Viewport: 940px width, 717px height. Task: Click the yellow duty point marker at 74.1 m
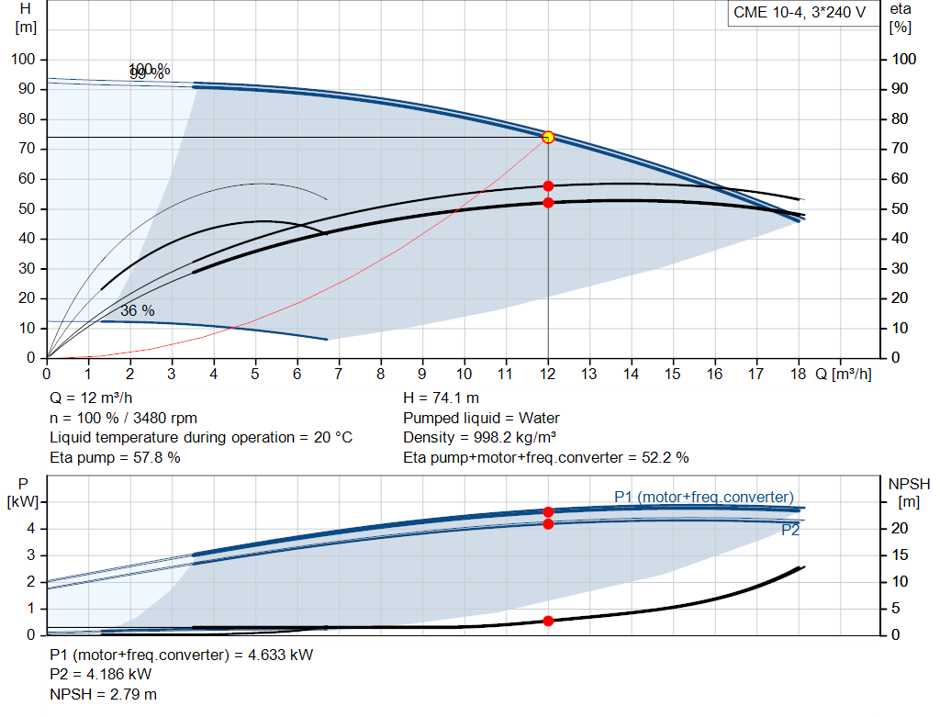tap(548, 137)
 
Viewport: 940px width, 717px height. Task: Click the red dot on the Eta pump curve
tap(548, 185)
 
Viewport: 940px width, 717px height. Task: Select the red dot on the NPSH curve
tap(548, 621)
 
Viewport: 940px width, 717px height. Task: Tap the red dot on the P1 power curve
tap(548, 511)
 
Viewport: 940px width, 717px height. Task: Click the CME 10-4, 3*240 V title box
tap(800, 13)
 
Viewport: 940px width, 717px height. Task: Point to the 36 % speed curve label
tap(138, 311)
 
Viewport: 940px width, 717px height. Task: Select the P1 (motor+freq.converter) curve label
tap(703, 497)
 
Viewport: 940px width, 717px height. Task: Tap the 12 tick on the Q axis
tap(548, 375)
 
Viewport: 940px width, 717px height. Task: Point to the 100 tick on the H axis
tap(23, 60)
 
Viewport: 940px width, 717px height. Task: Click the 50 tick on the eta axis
tap(904, 209)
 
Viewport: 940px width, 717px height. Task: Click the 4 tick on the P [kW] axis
tap(30, 529)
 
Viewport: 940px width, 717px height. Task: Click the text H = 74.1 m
tap(441, 398)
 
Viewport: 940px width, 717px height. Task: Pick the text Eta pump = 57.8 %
tap(115, 457)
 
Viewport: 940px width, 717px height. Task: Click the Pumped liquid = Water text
tap(482, 418)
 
